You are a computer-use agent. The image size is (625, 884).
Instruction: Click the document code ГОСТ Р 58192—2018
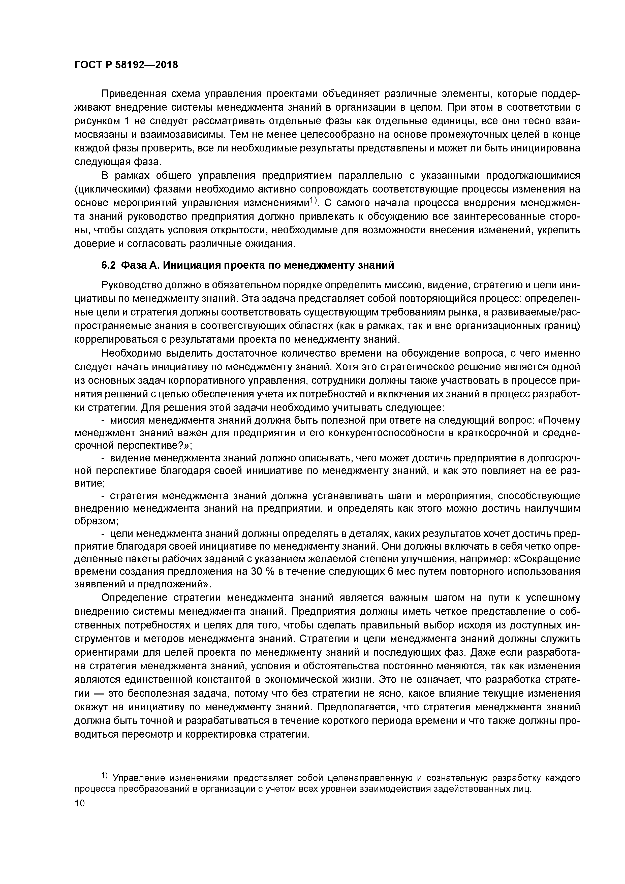pyautogui.click(x=126, y=65)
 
